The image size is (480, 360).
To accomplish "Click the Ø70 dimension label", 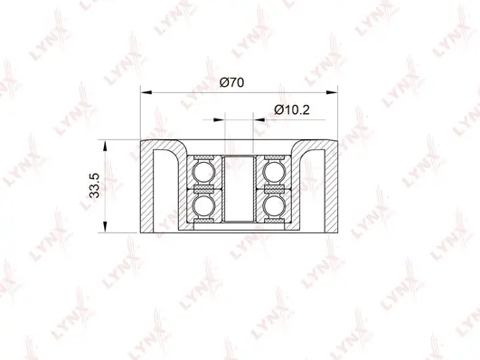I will [x=232, y=82].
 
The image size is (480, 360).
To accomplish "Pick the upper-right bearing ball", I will [x=274, y=171].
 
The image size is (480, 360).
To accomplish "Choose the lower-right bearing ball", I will [x=274, y=207].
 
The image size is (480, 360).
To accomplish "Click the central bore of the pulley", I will [x=240, y=188].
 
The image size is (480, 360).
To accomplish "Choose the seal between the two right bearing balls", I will [x=274, y=189].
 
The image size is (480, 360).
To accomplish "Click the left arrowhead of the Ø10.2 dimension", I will [x=220, y=118].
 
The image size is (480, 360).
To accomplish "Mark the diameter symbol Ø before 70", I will [x=224, y=82].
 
